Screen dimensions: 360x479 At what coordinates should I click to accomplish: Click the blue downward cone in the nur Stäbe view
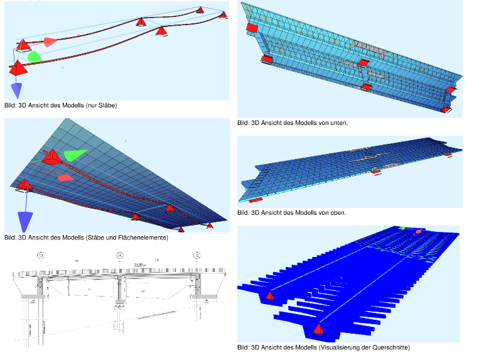17,89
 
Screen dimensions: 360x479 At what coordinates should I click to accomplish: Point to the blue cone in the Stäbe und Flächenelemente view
25,222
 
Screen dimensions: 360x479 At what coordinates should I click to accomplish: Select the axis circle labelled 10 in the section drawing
41,256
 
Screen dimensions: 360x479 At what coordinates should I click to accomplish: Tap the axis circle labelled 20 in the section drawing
119,256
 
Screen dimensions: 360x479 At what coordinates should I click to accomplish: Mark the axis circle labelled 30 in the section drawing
196,256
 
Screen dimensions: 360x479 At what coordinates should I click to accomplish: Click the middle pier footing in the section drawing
119,307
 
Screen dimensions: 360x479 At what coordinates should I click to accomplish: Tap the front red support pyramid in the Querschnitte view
320,328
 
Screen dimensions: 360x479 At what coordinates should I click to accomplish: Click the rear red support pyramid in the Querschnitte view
270,295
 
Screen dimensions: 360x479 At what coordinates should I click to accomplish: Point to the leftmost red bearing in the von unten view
252,28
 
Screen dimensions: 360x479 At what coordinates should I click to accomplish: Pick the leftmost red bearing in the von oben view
256,200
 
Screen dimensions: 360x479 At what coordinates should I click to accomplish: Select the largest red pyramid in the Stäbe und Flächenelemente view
53,156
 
